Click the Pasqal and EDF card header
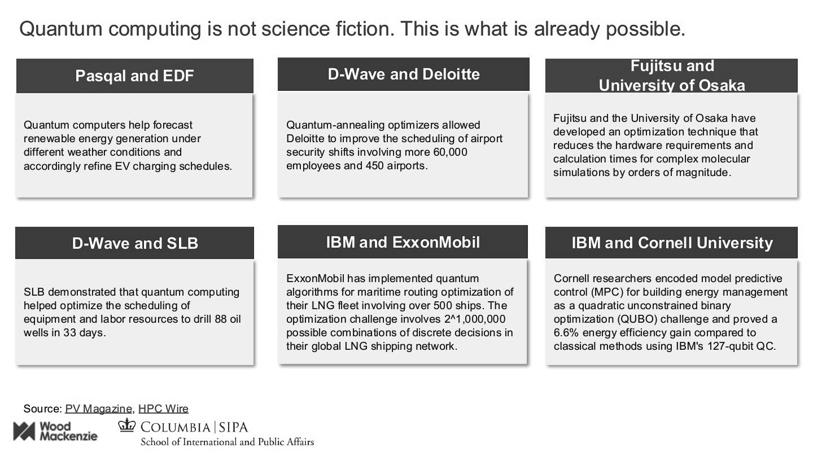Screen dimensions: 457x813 [134, 76]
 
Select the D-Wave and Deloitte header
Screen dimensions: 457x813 [403, 74]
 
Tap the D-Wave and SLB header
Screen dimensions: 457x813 [135, 243]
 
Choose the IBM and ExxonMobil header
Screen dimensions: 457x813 [403, 242]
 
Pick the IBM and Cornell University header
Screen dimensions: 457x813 [671, 243]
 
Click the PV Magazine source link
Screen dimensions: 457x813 [99, 408]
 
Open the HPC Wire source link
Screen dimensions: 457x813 [163, 408]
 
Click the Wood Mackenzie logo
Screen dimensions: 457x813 [55, 431]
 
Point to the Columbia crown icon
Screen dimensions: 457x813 [127, 425]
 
